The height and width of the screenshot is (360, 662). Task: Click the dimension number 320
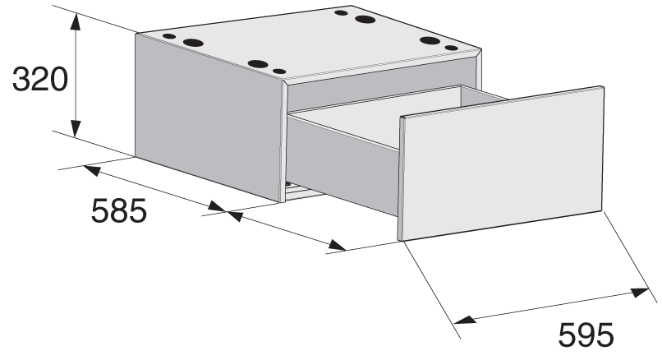click(40, 79)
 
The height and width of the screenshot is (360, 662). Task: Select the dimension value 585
click(118, 210)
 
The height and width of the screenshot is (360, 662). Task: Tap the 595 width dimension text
click(586, 335)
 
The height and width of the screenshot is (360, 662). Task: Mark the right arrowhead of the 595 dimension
click(641, 292)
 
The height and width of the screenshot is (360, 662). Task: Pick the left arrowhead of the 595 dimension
click(465, 320)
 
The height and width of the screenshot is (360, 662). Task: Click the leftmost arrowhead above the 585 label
click(92, 170)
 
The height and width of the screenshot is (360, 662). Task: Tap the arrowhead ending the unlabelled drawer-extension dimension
click(338, 245)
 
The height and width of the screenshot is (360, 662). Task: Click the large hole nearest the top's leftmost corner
click(193, 43)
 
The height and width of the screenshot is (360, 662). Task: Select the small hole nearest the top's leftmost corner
click(169, 36)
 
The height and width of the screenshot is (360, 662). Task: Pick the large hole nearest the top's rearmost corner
click(365, 19)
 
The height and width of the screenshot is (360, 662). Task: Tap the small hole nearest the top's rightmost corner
click(451, 48)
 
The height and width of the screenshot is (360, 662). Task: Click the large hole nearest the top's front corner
click(258, 64)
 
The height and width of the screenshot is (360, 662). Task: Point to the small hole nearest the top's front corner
click(279, 72)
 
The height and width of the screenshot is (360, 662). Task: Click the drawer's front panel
click(503, 163)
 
